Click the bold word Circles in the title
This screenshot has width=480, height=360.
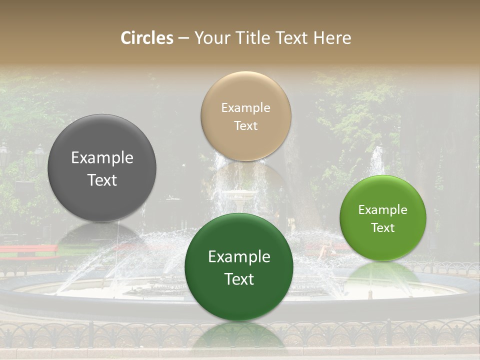[x=147, y=38]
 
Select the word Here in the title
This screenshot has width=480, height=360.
[x=332, y=38]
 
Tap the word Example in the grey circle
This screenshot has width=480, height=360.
[x=102, y=158]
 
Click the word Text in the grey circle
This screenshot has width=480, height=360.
[x=102, y=180]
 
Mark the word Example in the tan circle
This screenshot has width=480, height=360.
[x=246, y=108]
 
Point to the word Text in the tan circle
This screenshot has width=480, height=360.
[x=246, y=126]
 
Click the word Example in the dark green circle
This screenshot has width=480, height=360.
[x=239, y=257]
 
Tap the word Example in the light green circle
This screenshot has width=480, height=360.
[x=383, y=210]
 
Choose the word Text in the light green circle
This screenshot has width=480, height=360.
[x=383, y=228]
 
